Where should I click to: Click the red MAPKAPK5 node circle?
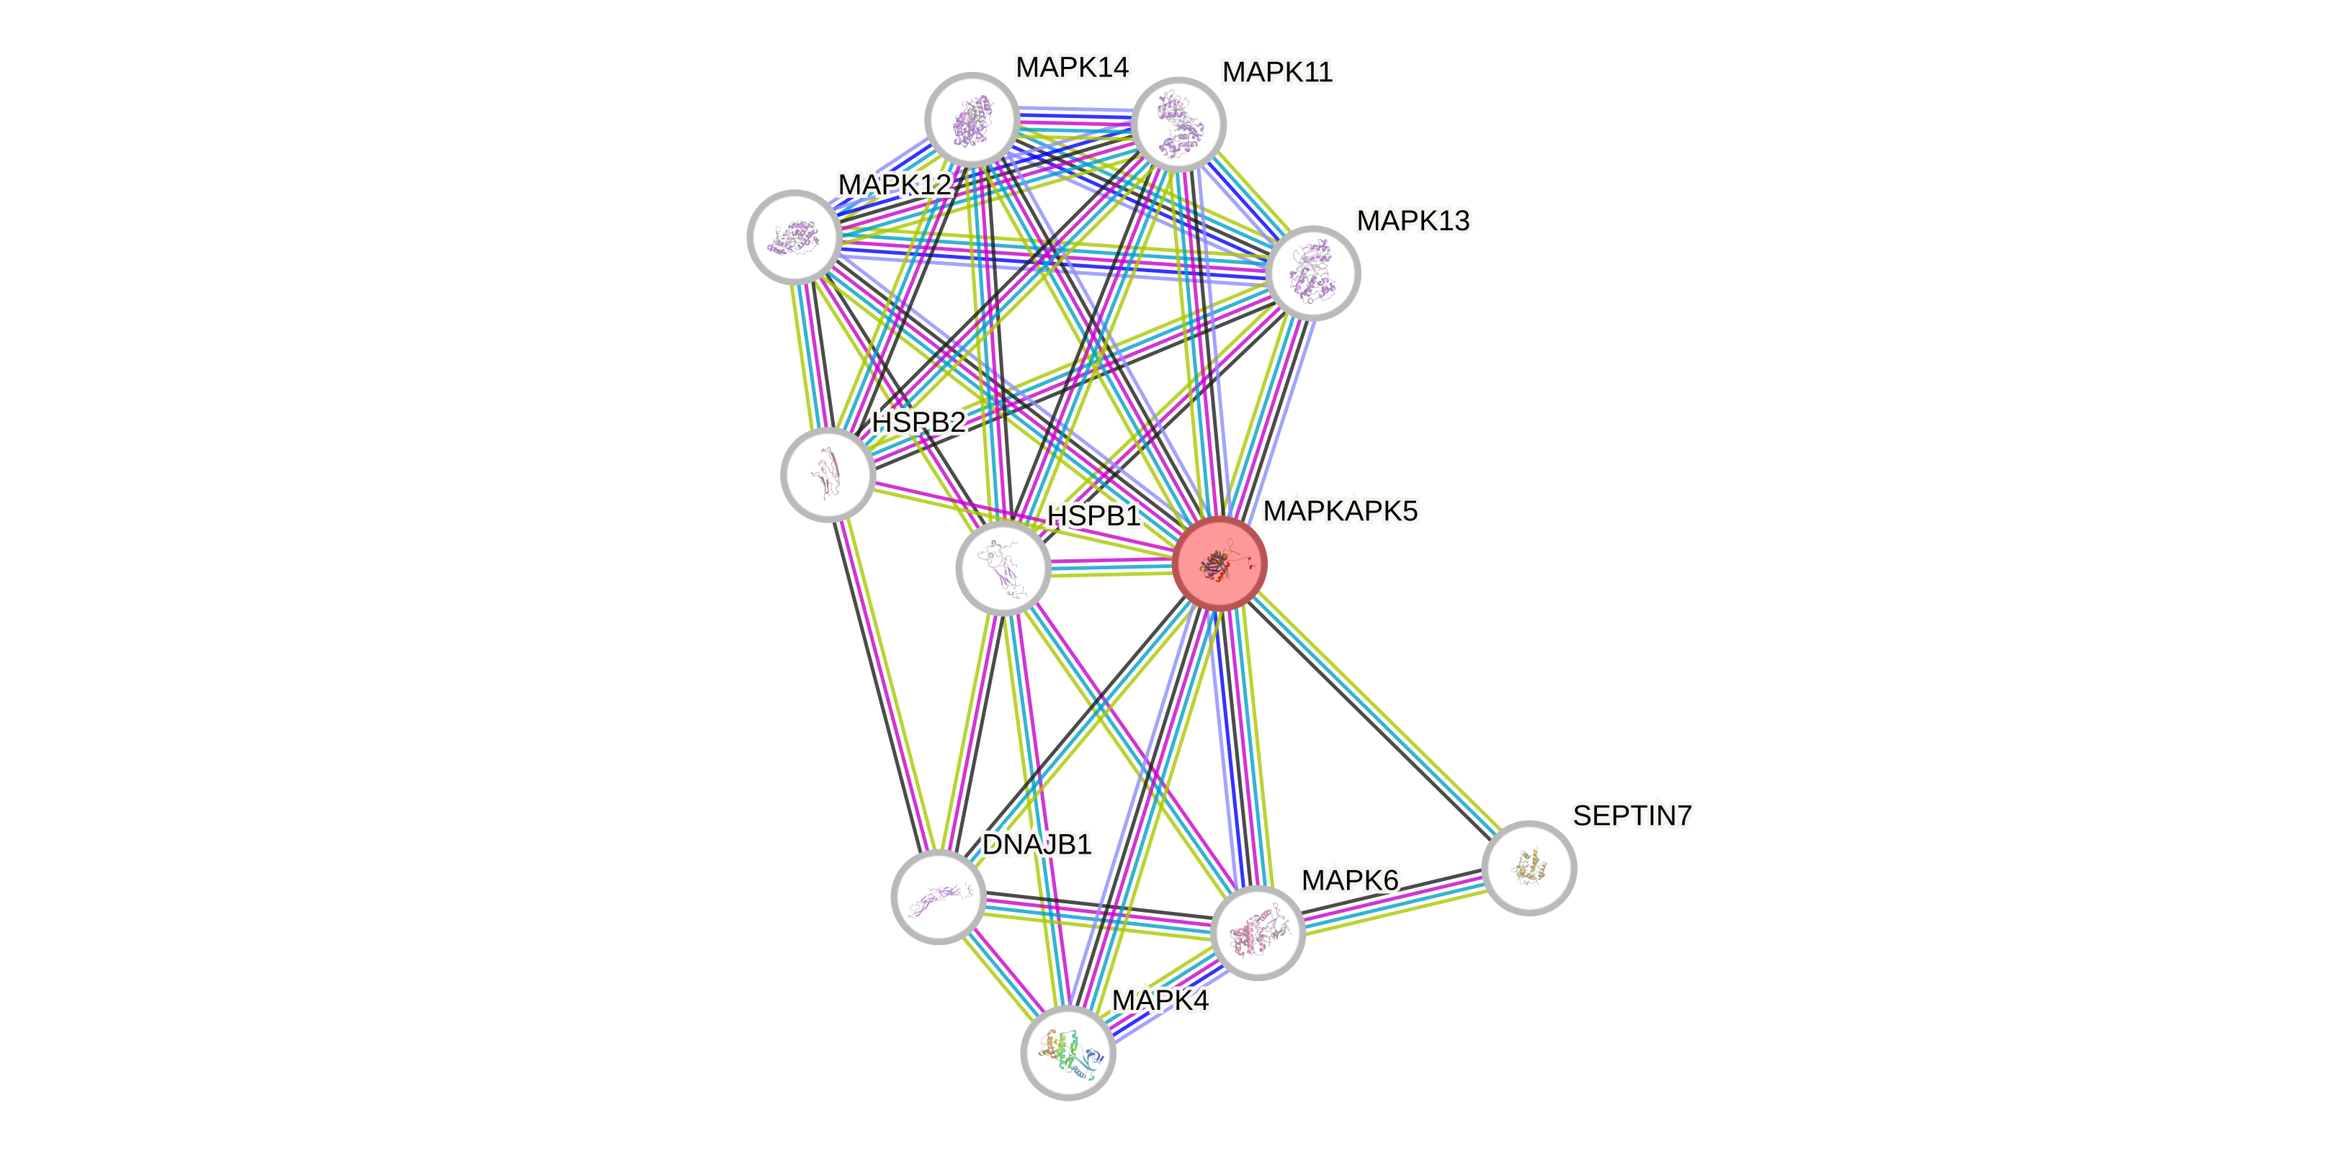coord(1219,564)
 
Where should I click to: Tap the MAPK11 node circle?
coord(1178,125)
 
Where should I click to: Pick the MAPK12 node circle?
coord(793,236)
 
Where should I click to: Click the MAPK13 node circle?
coord(1312,273)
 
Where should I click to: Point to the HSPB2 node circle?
coord(827,474)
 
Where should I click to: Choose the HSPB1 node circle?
coord(1003,568)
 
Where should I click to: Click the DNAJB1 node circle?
coord(938,897)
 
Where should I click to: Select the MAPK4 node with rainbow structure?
coord(1067,1052)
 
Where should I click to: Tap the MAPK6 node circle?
coord(1258,932)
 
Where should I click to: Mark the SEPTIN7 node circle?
coord(1528,867)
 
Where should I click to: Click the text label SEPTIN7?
coord(1632,816)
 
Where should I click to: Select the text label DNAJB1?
coord(1037,844)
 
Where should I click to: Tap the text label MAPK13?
coord(1413,221)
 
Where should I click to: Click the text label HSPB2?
coord(919,423)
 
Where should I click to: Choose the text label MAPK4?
coord(1160,1000)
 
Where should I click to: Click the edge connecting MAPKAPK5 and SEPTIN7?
coord(1374,716)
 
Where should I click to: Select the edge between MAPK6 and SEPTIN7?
coord(1393,900)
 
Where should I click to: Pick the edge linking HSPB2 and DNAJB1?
coord(882,686)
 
